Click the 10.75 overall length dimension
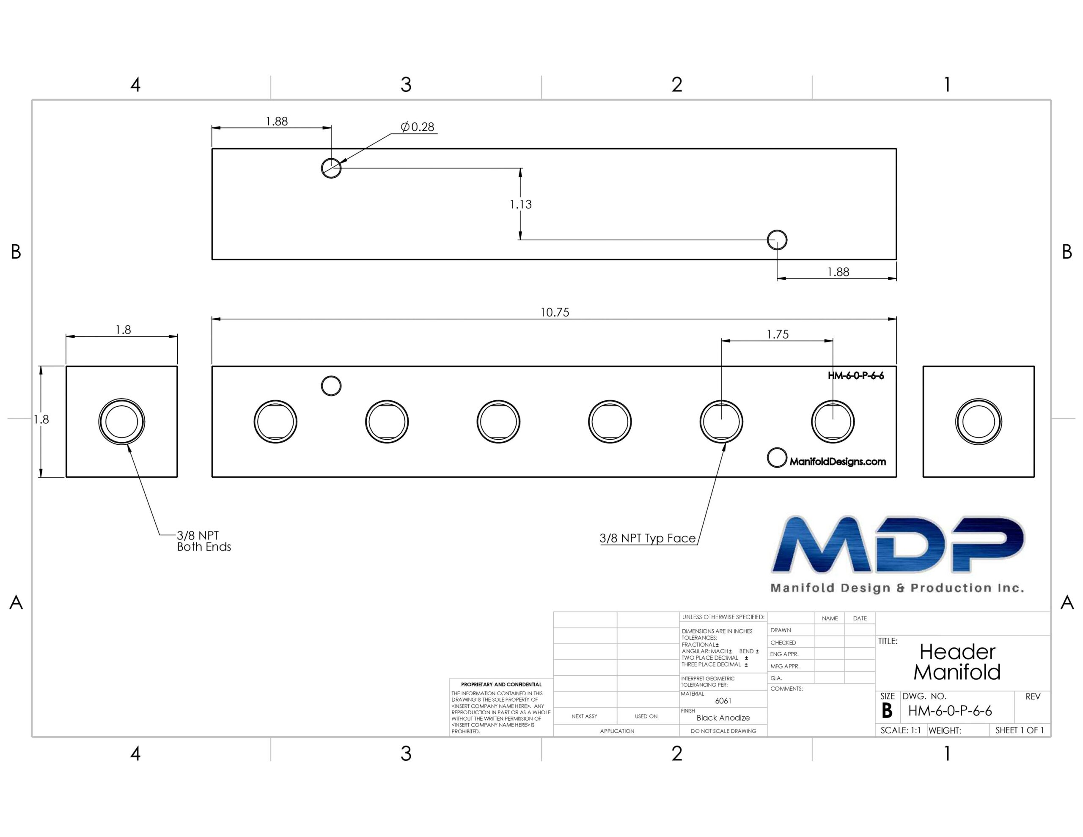(554, 312)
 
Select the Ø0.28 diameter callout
(418, 127)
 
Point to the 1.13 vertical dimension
(521, 204)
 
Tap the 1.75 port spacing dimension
(778, 334)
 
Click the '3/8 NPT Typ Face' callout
(648, 538)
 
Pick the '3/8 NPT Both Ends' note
(204, 541)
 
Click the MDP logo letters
(898, 544)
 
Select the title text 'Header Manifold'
(957, 662)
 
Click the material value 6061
(723, 701)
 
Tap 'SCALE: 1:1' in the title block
(901, 730)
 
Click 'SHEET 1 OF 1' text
(1020, 730)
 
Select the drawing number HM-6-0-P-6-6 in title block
(950, 711)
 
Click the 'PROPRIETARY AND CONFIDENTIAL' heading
(501, 685)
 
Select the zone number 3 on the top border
(406, 85)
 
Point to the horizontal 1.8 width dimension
(123, 330)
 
